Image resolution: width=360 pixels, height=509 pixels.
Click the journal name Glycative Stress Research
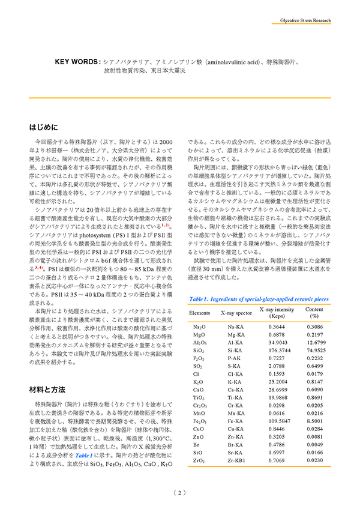tap(305, 20)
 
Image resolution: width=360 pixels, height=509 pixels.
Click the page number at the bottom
tap(180, 493)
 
